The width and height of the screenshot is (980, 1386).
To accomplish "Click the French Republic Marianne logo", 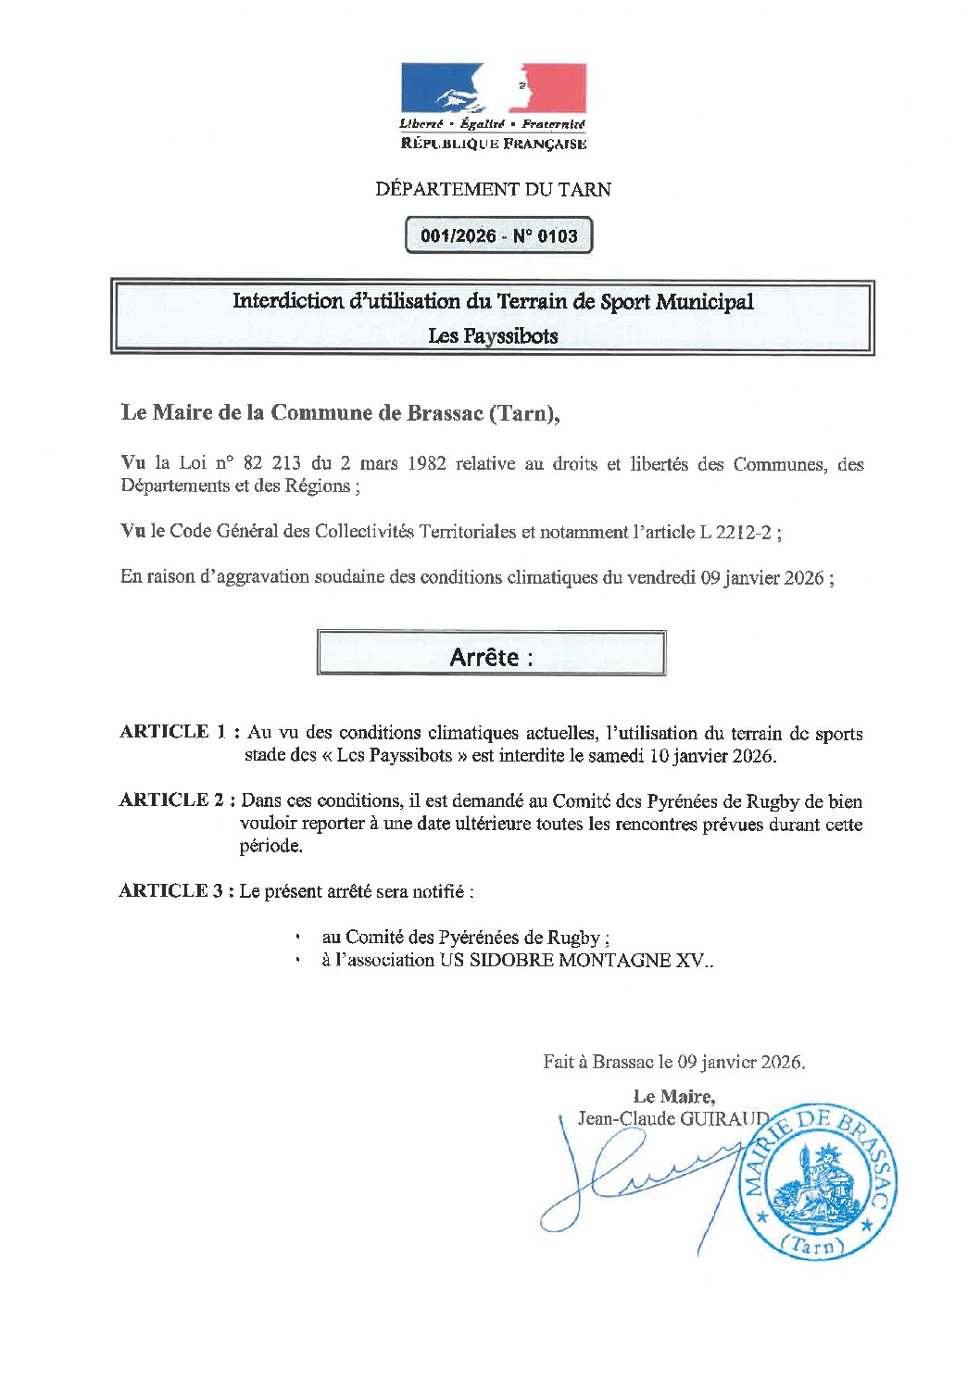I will coord(493,89).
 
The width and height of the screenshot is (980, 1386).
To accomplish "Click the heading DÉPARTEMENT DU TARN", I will coord(493,190).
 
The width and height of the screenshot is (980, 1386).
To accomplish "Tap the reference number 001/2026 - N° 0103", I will coord(498,236).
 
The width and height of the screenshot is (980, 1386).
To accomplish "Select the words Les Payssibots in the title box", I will coord(493,336).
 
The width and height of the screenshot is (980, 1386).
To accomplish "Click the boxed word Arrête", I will coord(484,657).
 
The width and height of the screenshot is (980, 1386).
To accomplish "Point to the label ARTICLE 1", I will coord(173,732).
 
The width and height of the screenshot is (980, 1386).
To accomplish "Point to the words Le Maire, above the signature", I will coord(673,1097).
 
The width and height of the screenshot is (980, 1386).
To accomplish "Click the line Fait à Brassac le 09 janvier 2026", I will coord(673,1063).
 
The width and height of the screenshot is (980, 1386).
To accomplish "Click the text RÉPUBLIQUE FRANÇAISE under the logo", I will coord(493,144).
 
